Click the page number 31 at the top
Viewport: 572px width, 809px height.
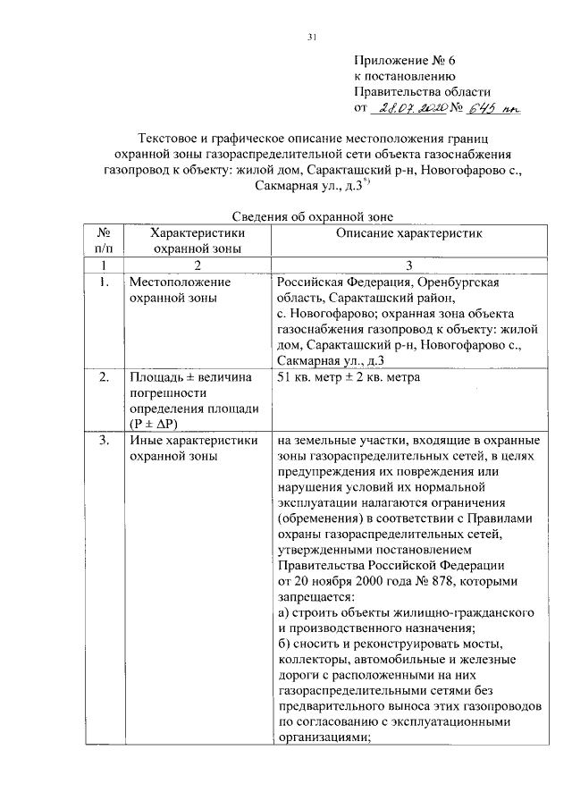(313, 37)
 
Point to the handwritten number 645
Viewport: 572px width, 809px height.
(492, 109)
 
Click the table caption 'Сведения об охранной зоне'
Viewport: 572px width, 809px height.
(307, 215)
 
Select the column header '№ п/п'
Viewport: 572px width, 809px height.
(104, 240)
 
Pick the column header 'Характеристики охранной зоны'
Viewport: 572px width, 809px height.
(197, 240)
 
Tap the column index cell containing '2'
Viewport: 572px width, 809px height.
(197, 265)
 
